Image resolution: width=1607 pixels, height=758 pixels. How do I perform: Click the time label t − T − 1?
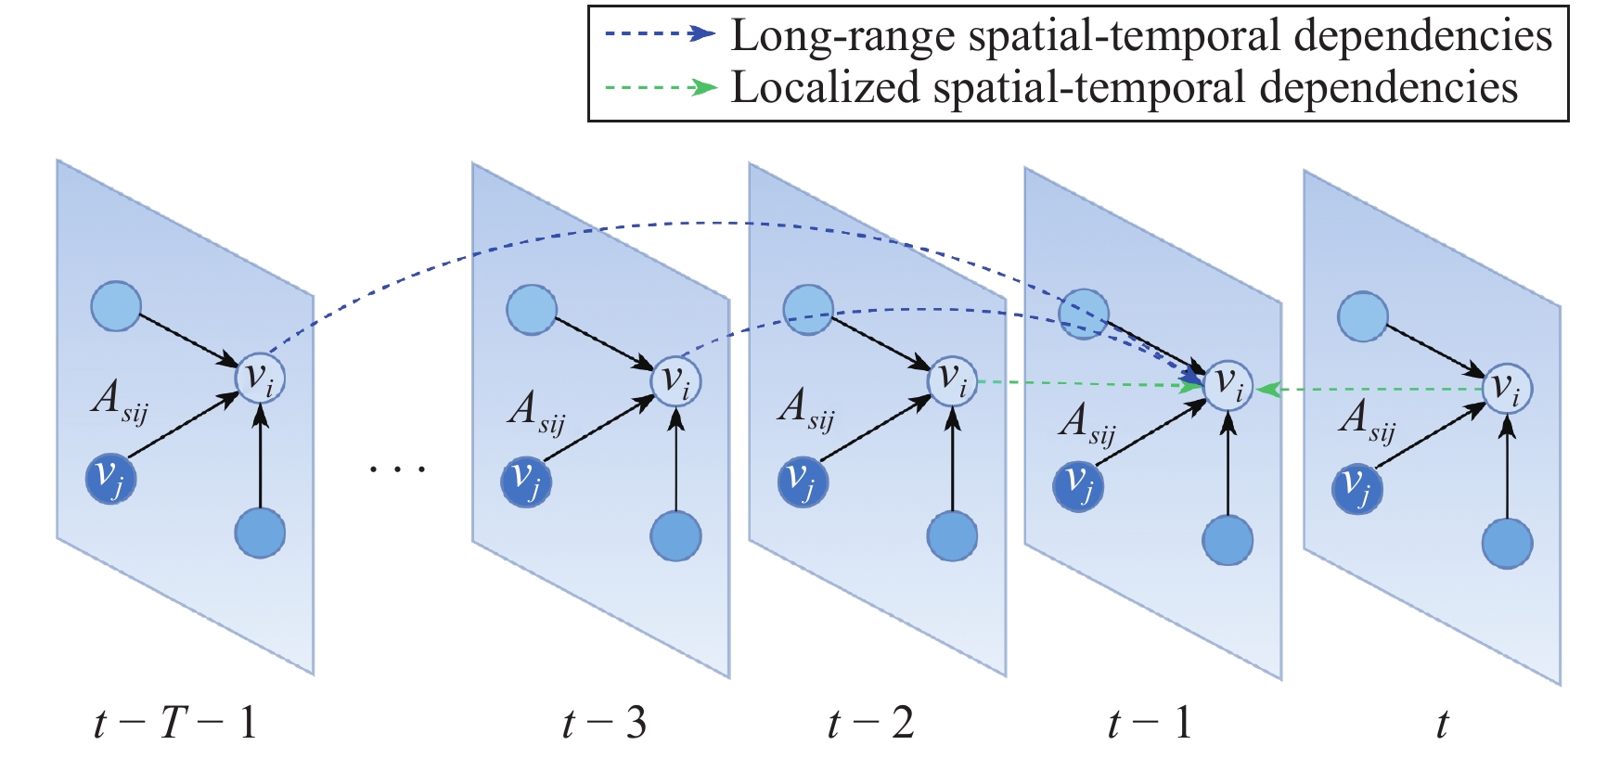pyautogui.click(x=175, y=723)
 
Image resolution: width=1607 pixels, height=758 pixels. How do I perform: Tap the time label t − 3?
pyautogui.click(x=604, y=723)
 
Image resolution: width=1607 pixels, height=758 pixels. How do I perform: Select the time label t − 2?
pyautogui.click(x=870, y=723)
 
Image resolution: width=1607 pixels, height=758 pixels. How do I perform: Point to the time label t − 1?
pyautogui.click(x=1150, y=723)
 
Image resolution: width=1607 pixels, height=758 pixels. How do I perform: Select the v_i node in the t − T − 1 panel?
pyautogui.click(x=260, y=378)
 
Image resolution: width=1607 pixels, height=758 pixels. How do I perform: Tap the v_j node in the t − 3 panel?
pyautogui.click(x=526, y=482)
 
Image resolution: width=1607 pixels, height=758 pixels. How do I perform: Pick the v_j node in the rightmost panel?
pyautogui.click(x=1356, y=488)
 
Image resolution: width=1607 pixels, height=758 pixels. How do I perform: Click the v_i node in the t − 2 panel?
pyautogui.click(x=952, y=380)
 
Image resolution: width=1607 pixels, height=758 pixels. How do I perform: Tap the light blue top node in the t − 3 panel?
pyautogui.click(x=532, y=309)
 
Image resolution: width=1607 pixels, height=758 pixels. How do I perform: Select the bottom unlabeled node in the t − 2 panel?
pyautogui.click(x=952, y=535)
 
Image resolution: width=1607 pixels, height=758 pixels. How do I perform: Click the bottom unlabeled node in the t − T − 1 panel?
pyautogui.click(x=260, y=533)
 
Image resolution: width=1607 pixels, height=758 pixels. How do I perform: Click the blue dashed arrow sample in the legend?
pyautogui.click(x=660, y=34)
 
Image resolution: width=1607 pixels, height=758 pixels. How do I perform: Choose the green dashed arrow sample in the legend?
pyautogui.click(x=660, y=88)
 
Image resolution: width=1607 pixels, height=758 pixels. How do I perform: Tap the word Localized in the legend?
pyautogui.click(x=826, y=88)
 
